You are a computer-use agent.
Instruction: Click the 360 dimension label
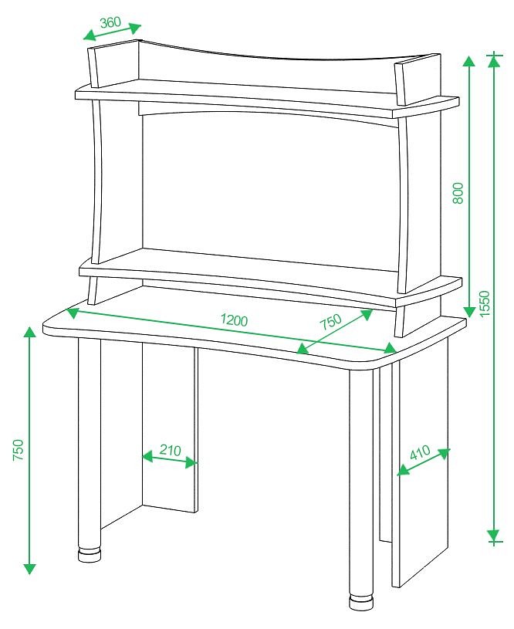tap(110, 22)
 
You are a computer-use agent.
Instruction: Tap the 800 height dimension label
tap(458, 193)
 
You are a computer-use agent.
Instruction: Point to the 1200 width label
tap(235, 320)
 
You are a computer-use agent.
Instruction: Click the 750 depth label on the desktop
tap(330, 321)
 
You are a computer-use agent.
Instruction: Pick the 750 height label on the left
tap(19, 450)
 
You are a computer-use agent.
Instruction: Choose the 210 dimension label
tap(170, 450)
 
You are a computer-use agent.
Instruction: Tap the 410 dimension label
tap(420, 452)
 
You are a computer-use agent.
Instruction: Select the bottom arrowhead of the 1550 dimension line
tap(493, 536)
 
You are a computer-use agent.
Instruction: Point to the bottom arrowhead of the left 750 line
tap(29, 569)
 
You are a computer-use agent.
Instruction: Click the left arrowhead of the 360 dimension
tap(90, 36)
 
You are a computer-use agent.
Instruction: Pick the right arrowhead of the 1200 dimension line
tap(390, 348)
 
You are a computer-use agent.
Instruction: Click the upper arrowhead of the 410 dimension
tap(444, 453)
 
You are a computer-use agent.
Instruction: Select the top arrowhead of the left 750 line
tap(29, 333)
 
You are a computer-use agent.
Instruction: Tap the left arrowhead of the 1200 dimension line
tap(73, 313)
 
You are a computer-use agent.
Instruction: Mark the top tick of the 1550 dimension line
tap(495, 54)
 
